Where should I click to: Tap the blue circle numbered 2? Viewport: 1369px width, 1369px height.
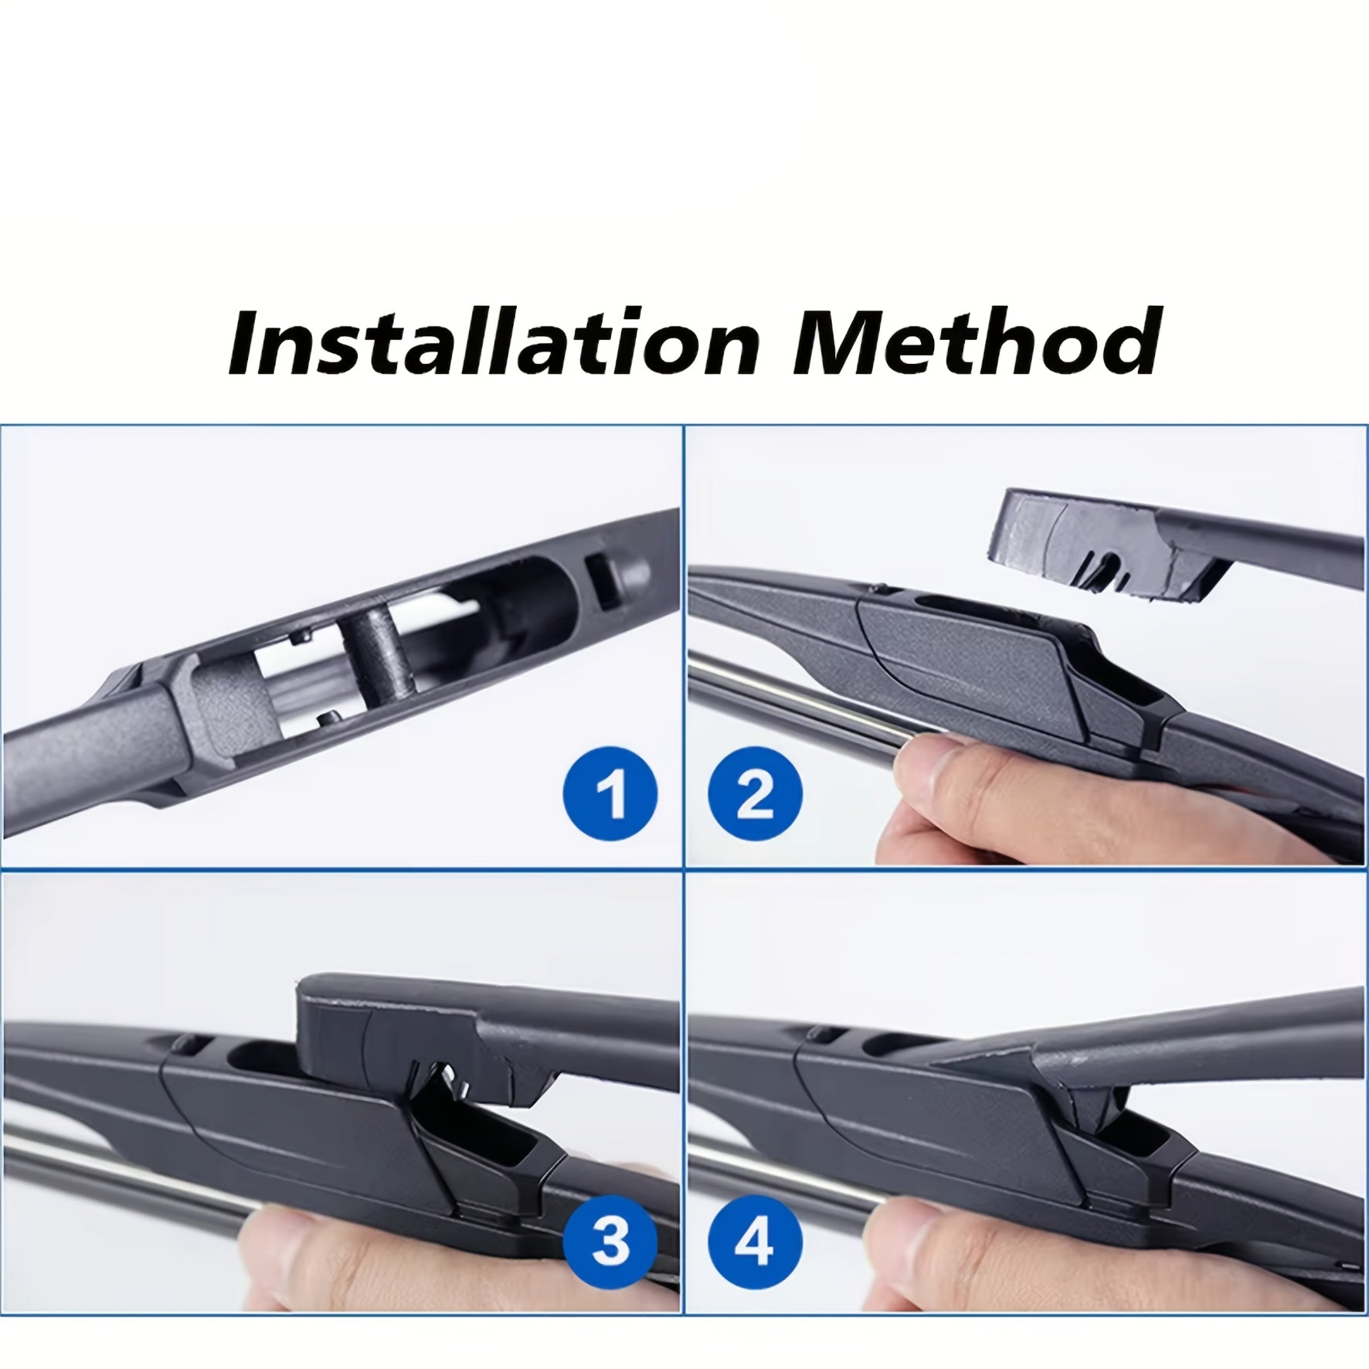[x=755, y=793]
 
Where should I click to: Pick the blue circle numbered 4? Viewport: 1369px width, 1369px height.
[x=755, y=1242]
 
